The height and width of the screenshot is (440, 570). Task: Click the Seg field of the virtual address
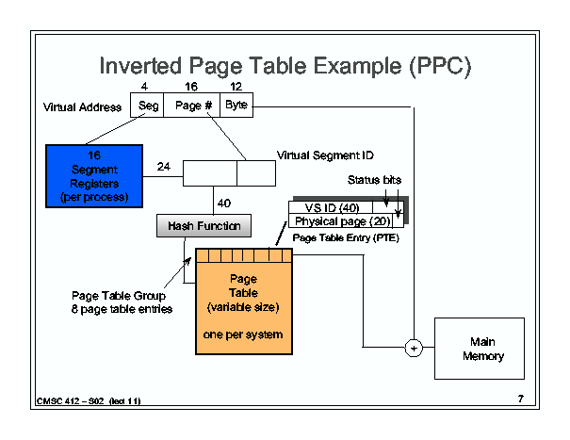point(147,106)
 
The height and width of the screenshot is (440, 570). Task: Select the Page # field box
point(191,106)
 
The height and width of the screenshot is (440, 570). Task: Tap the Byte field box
point(236,106)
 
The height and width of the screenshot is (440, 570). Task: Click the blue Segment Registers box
point(94,176)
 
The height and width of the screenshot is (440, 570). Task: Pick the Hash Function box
point(204,226)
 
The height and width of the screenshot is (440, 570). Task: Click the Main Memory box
point(480,349)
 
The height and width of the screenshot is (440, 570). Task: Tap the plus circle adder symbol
point(414,348)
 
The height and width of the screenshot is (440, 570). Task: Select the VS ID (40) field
point(331,207)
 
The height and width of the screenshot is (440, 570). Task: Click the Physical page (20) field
point(341,221)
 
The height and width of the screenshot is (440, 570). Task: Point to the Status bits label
point(374,180)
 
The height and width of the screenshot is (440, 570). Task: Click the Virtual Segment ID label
point(325,155)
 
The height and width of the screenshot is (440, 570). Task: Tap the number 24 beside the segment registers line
point(164,167)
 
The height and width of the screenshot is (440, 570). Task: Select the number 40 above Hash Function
point(224,203)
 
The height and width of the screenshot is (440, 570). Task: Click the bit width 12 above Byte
point(236,87)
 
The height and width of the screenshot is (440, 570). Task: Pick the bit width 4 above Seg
point(144,87)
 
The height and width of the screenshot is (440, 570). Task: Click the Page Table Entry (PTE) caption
point(346,237)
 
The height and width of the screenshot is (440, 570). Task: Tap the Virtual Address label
point(82,107)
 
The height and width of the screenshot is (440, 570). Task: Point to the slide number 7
point(521,399)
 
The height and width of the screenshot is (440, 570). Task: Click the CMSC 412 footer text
point(89,401)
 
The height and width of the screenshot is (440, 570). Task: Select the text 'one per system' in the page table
point(243,334)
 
